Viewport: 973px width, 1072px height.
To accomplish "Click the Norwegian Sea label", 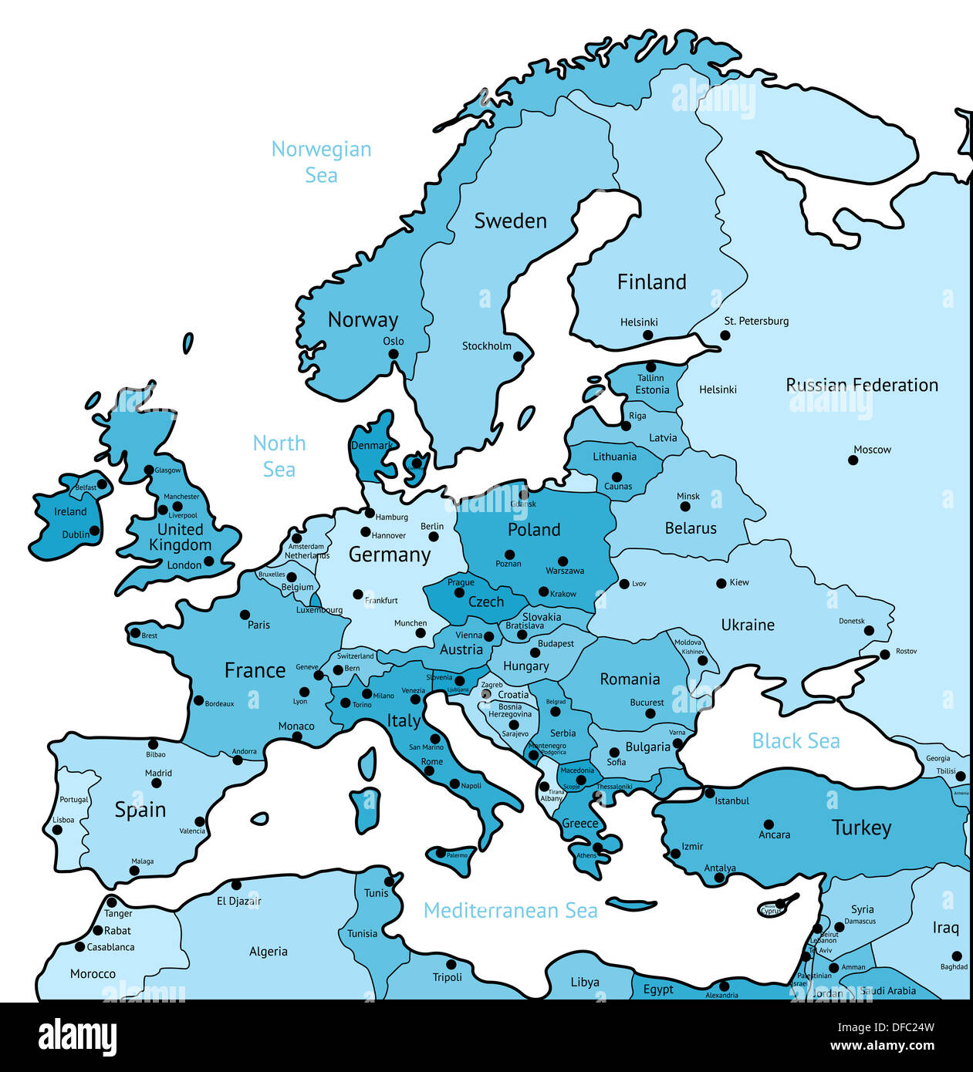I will pyautogui.click(x=321, y=161).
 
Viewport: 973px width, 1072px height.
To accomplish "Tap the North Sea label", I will pyautogui.click(x=279, y=456).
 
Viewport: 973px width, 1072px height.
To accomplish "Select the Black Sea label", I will pyautogui.click(x=796, y=741).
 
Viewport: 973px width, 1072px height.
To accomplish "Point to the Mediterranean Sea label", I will pyautogui.click(x=511, y=911).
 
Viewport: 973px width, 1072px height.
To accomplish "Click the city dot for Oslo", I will pyautogui.click(x=394, y=355).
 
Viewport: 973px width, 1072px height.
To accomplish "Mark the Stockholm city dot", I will pyautogui.click(x=519, y=356).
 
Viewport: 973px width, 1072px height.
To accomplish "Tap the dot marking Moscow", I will pyautogui.click(x=853, y=460).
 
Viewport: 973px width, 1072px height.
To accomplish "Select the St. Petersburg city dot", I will pyautogui.click(x=725, y=335).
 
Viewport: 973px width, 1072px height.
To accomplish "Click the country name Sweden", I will pyautogui.click(x=510, y=221).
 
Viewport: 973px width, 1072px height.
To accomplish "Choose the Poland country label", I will pyautogui.click(x=534, y=530).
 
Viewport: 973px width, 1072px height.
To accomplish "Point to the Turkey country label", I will pyautogui.click(x=861, y=828).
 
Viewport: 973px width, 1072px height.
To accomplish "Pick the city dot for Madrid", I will pyautogui.click(x=157, y=783).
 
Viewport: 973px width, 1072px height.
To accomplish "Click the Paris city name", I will pyautogui.click(x=259, y=625).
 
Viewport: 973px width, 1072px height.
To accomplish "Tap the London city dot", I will pyautogui.click(x=208, y=561).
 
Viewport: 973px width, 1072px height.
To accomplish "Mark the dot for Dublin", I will pyautogui.click(x=94, y=531).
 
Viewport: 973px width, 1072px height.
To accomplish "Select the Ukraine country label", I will pyautogui.click(x=748, y=625).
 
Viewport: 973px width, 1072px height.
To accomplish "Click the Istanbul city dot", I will pyautogui.click(x=710, y=793).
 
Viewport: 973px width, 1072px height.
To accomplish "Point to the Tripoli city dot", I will pyautogui.click(x=451, y=964).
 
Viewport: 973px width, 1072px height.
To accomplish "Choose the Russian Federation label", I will pyautogui.click(x=862, y=385).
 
